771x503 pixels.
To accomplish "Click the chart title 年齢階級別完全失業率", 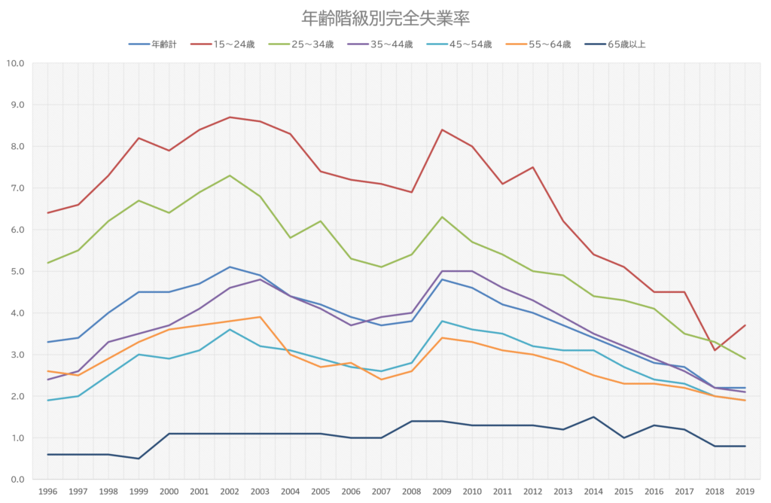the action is point(385,18).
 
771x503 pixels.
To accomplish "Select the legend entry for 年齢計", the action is point(152,44).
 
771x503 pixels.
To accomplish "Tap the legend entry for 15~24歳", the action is point(223,44).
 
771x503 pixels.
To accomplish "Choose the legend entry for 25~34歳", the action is point(301,44).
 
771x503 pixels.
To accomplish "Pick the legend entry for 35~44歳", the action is point(380,44).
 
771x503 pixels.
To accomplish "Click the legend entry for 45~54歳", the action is point(459,44).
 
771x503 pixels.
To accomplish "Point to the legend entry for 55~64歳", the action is point(538,44).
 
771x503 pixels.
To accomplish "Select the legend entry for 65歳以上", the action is point(615,44).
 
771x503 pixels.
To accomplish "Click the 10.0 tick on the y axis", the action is point(15,63).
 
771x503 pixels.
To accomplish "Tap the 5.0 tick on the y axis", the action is point(17,271).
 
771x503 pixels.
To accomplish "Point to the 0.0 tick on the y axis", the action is point(17,480).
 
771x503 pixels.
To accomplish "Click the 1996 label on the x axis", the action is point(47,492).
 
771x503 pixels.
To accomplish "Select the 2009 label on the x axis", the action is point(442,492).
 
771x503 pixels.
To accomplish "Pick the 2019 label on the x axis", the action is point(745,492).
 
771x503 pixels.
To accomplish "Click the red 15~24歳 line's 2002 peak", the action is point(230,117).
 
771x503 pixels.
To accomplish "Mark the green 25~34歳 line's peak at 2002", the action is point(230,175).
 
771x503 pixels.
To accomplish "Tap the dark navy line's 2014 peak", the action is point(593,417).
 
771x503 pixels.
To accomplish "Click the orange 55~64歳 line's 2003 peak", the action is point(260,317).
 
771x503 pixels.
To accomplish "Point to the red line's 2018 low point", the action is point(715,350).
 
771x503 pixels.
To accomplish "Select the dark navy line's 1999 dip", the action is point(139,459).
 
